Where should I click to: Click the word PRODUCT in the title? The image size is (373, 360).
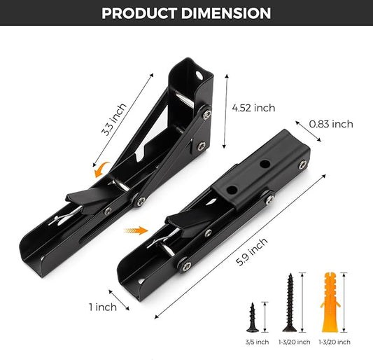tap(143, 13)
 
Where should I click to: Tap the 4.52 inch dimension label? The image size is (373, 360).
tap(253, 108)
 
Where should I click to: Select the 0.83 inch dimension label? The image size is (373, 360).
tap(331, 124)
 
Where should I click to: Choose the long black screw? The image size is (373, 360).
tap(289, 302)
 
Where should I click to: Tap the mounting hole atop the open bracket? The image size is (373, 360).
tap(204, 73)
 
